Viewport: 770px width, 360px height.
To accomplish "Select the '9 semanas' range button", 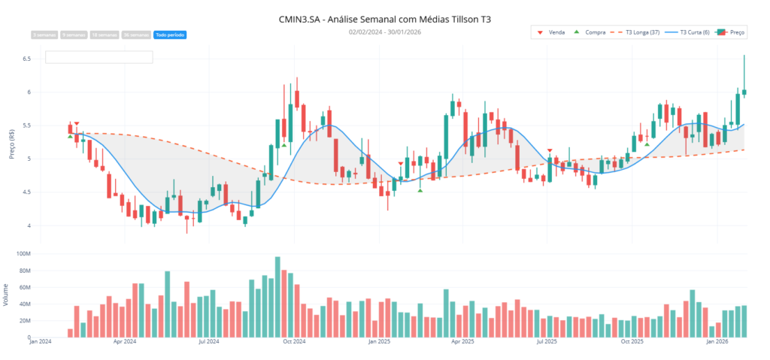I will click(x=74, y=35).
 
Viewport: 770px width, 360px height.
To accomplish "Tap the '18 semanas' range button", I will click(x=105, y=35).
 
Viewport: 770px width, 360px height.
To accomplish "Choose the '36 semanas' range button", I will click(x=136, y=35).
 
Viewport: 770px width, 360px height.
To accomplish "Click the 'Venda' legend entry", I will click(x=553, y=32).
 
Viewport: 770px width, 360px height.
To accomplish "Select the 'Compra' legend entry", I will click(x=590, y=32).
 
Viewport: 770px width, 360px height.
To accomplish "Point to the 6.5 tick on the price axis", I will click(x=26, y=59).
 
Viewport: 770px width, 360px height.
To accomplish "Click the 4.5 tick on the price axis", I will click(x=26, y=192).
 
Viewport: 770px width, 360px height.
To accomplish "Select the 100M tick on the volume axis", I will click(x=23, y=254).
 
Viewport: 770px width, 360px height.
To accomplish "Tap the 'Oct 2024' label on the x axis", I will click(x=293, y=342).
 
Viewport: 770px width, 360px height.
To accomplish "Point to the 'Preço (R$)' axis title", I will click(x=11, y=142).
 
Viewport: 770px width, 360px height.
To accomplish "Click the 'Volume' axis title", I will click(x=7, y=295).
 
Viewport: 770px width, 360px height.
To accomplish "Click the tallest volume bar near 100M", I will click(x=277, y=297).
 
